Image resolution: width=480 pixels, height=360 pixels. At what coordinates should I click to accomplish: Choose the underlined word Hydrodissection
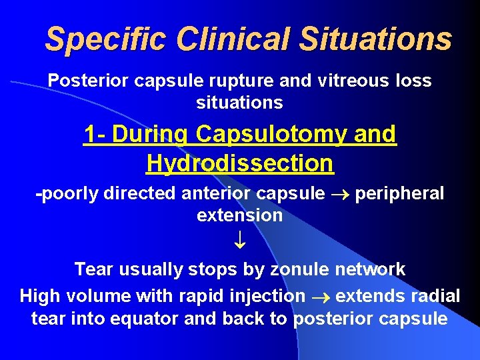pyautogui.click(x=240, y=163)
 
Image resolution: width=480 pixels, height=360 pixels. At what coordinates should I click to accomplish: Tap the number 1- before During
pyautogui.click(x=95, y=134)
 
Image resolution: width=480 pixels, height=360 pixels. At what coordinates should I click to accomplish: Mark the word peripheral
pyautogui.click(x=399, y=194)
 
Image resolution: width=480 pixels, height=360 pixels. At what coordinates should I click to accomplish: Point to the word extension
pyautogui.click(x=240, y=215)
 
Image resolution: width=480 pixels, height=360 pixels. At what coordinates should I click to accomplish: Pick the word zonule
pyautogui.click(x=297, y=269)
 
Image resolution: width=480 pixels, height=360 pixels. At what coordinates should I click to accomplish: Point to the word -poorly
pyautogui.click(x=63, y=194)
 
